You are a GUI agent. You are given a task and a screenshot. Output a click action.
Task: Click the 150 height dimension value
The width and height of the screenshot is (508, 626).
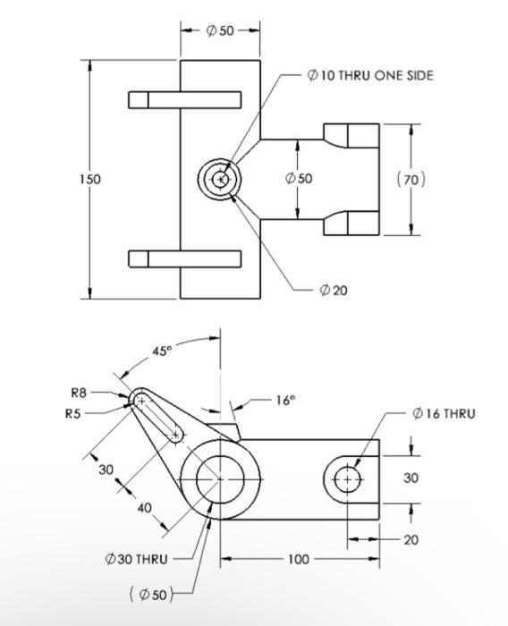point(89,179)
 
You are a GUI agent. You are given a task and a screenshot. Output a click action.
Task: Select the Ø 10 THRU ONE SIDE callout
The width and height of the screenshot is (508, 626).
point(369,76)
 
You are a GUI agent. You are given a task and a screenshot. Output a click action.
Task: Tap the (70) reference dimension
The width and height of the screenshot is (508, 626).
point(411,180)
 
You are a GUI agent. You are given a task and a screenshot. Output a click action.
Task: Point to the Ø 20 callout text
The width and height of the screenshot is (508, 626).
point(333,290)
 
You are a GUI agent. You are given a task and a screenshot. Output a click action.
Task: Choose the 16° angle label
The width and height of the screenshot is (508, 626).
point(284,401)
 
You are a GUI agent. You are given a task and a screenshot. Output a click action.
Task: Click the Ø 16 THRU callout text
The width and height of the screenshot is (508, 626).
point(444,413)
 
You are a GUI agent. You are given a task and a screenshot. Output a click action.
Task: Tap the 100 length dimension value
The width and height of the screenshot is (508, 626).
point(298,559)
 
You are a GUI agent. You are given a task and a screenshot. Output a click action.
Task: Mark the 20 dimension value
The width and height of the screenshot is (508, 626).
point(411,539)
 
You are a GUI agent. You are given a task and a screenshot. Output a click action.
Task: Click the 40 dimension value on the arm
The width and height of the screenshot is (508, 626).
point(145,507)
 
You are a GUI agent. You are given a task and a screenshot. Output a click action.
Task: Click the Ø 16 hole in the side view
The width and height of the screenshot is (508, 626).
point(348,479)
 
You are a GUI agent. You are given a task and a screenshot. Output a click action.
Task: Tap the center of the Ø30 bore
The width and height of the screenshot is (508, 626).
point(220,479)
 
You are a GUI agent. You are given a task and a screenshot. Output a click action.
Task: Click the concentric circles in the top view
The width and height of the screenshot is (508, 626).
point(220,180)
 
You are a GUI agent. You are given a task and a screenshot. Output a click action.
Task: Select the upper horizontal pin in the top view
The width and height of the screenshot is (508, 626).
point(184,99)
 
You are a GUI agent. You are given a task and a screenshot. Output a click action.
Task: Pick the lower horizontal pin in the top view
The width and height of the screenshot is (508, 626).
point(184,259)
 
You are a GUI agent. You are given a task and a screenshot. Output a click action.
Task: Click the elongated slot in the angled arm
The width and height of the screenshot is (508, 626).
point(158,418)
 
